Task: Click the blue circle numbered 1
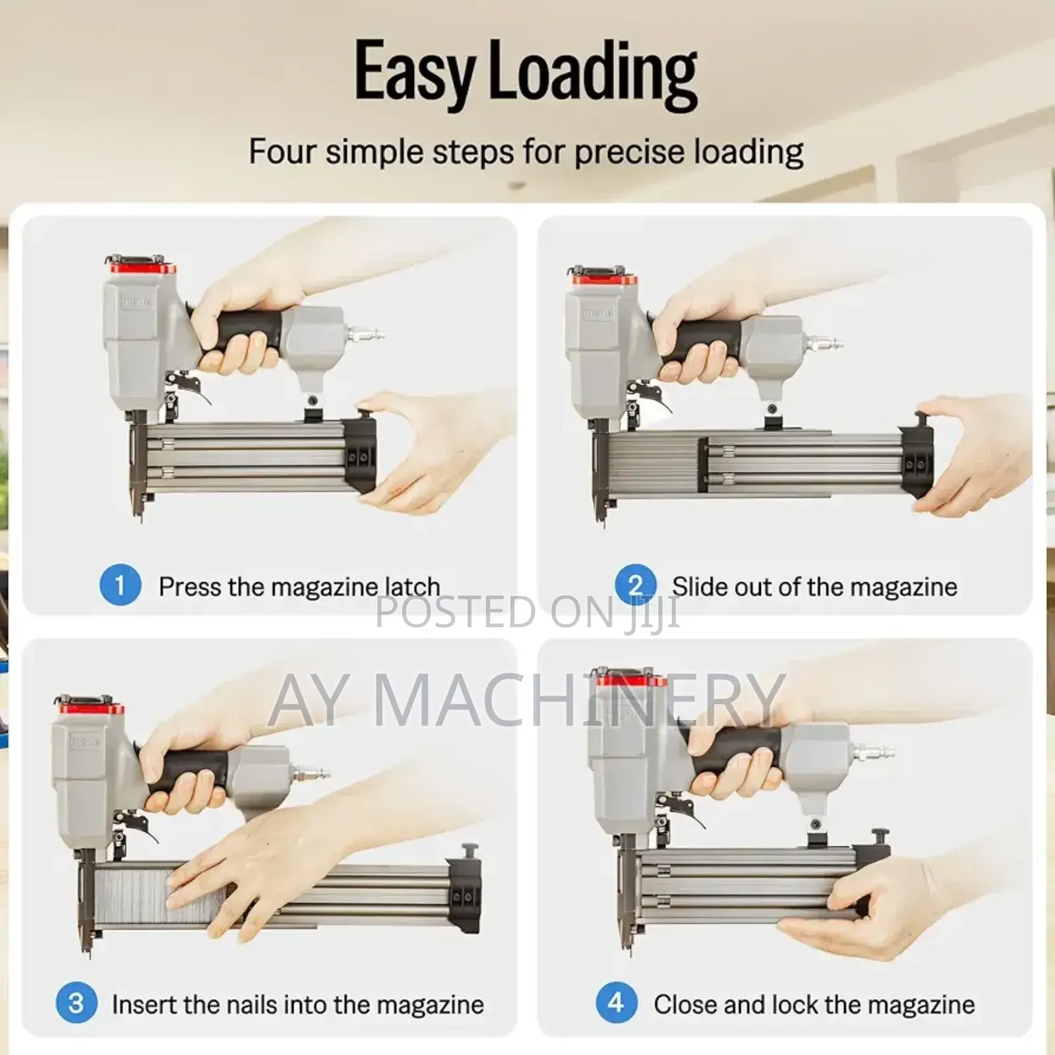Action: coord(120,585)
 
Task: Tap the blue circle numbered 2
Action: coord(635,585)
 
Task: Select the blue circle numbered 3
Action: coord(76,1003)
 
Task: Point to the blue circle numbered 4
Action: coord(617,1003)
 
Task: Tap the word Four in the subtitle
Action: coord(282,152)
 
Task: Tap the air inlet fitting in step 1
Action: coord(366,334)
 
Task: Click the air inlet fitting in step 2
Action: coord(825,343)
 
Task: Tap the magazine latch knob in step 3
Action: coord(469,849)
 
